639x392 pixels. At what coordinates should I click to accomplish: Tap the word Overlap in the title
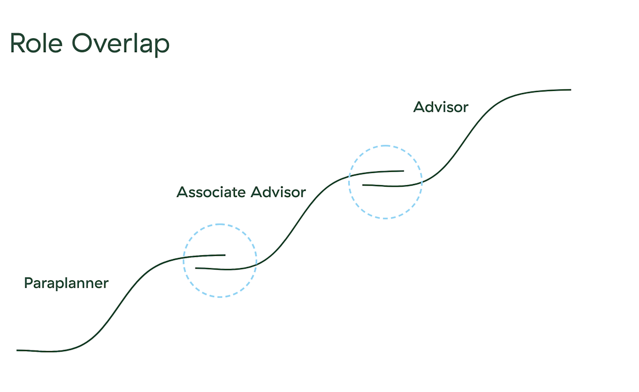tap(121, 45)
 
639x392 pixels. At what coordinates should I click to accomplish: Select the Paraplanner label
tap(66, 283)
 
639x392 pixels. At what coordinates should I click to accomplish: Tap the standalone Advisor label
tap(441, 107)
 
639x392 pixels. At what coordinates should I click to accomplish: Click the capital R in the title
tap(18, 44)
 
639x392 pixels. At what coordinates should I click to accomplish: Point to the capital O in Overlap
tap(82, 44)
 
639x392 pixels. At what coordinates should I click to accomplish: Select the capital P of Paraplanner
tap(28, 283)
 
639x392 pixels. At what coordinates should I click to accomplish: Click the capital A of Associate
tap(182, 192)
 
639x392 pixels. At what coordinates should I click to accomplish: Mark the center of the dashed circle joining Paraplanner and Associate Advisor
tap(220, 261)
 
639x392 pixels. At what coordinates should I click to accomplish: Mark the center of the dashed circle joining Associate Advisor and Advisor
tap(385, 182)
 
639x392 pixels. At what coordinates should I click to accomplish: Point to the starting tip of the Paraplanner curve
tap(18, 350)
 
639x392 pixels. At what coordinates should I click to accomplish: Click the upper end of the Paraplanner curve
tap(225, 255)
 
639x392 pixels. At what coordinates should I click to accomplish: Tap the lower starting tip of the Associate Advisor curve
tap(196, 268)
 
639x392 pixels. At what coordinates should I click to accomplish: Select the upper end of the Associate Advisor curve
tap(403, 171)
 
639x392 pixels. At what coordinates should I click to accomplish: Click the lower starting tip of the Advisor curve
tap(363, 185)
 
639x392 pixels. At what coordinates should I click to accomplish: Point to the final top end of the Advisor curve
tap(570, 90)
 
